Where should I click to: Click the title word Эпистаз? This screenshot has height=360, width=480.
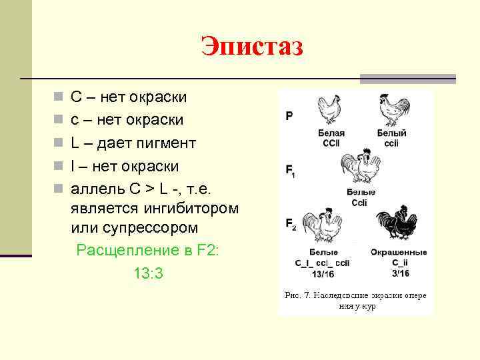(251, 47)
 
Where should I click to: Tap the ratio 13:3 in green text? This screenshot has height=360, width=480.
(148, 273)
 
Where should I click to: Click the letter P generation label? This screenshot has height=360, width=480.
(289, 116)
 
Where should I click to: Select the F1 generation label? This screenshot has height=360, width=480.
(291, 171)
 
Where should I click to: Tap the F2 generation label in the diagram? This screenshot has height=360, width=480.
(291, 224)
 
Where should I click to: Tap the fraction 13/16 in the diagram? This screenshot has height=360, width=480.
(323, 273)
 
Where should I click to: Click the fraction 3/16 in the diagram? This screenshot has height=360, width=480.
(399, 273)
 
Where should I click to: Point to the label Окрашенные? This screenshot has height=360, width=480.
(399, 253)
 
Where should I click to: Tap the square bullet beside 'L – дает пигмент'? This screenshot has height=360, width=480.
(59, 143)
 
